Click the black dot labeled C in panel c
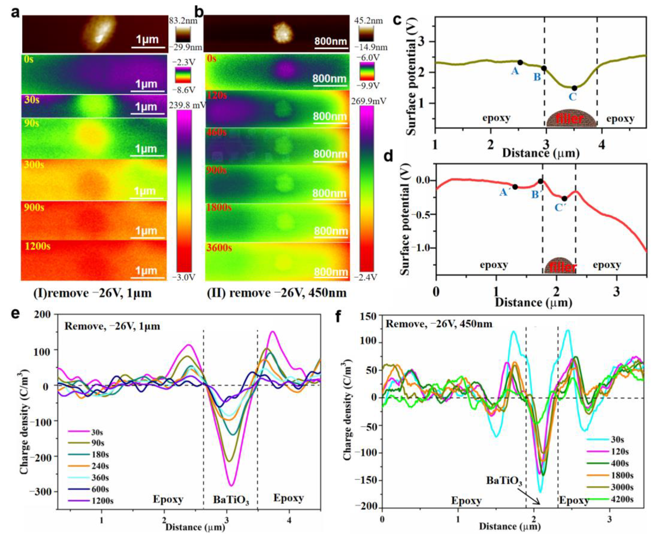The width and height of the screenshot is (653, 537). (574, 88)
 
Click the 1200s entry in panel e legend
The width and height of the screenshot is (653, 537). (102, 500)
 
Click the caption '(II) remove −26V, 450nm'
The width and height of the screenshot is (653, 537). (277, 293)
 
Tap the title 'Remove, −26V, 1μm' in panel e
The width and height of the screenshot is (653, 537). (112, 326)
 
